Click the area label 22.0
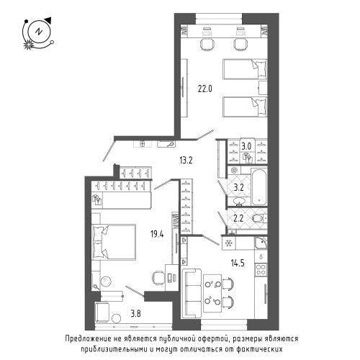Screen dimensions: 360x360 [x=205, y=89]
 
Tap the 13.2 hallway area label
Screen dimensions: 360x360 [x=186, y=160]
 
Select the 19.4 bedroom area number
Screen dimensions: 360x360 [x=157, y=234]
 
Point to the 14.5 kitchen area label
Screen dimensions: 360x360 [x=238, y=263]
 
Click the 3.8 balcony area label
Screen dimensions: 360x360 [x=136, y=313]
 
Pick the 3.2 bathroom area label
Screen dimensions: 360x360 [x=238, y=187]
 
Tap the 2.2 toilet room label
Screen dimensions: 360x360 [x=238, y=218]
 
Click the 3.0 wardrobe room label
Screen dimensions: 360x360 [x=246, y=146]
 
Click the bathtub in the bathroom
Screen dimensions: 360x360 [x=259, y=186]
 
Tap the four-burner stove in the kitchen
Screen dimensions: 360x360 [x=261, y=269]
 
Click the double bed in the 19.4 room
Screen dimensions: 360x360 [x=114, y=242]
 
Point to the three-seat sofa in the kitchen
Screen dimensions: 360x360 [x=192, y=294]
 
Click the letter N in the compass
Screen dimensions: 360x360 [x=38, y=32]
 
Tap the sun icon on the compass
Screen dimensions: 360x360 [x=28, y=45]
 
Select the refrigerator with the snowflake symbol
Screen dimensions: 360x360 [x=229, y=243]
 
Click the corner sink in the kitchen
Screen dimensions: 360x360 [x=261, y=243]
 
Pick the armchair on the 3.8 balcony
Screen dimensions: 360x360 [x=102, y=312]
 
